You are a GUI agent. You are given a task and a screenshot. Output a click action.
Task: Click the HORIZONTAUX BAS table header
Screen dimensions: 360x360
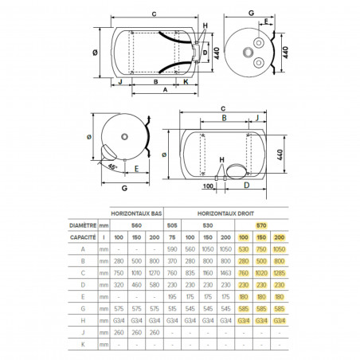click(138, 214)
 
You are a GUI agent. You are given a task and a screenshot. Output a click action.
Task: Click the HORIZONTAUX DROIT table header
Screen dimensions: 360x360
click(239, 214)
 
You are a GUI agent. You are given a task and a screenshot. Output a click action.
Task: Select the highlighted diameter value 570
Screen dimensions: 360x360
click(261, 225)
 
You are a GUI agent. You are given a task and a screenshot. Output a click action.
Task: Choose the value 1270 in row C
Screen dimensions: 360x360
click(156, 271)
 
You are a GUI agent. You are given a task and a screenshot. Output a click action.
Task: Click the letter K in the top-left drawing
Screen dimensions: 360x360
click(186, 81)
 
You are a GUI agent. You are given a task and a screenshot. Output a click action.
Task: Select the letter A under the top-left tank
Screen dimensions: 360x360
click(165, 91)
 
